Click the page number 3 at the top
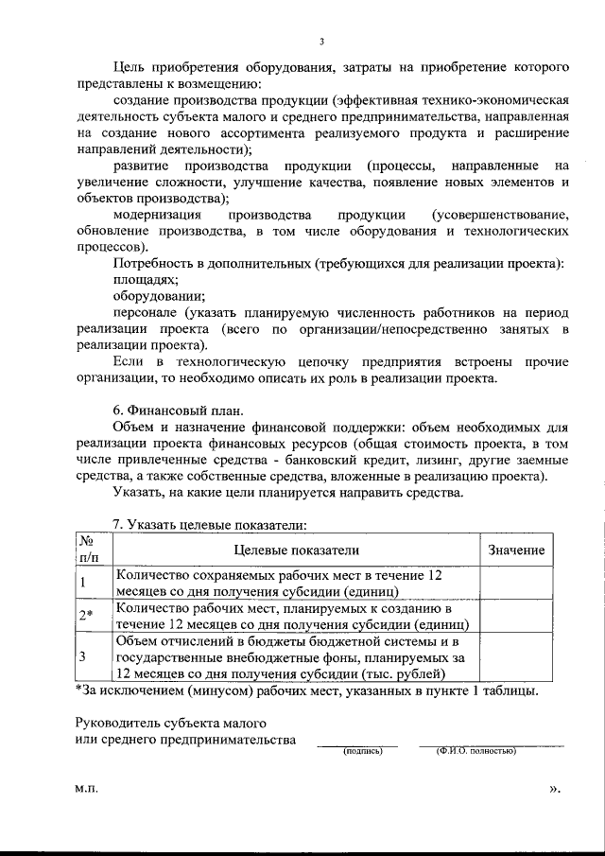[321, 42]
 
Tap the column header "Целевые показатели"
[296, 550]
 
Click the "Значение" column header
[516, 550]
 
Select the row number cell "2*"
[86, 617]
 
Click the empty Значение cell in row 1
[516, 582]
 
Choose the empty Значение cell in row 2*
[516, 617]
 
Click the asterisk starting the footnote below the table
[78, 690]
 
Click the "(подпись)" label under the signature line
[363, 751]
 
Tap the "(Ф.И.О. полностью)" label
[475, 751]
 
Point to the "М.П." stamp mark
[86, 787]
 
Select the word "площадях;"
[145, 280]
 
